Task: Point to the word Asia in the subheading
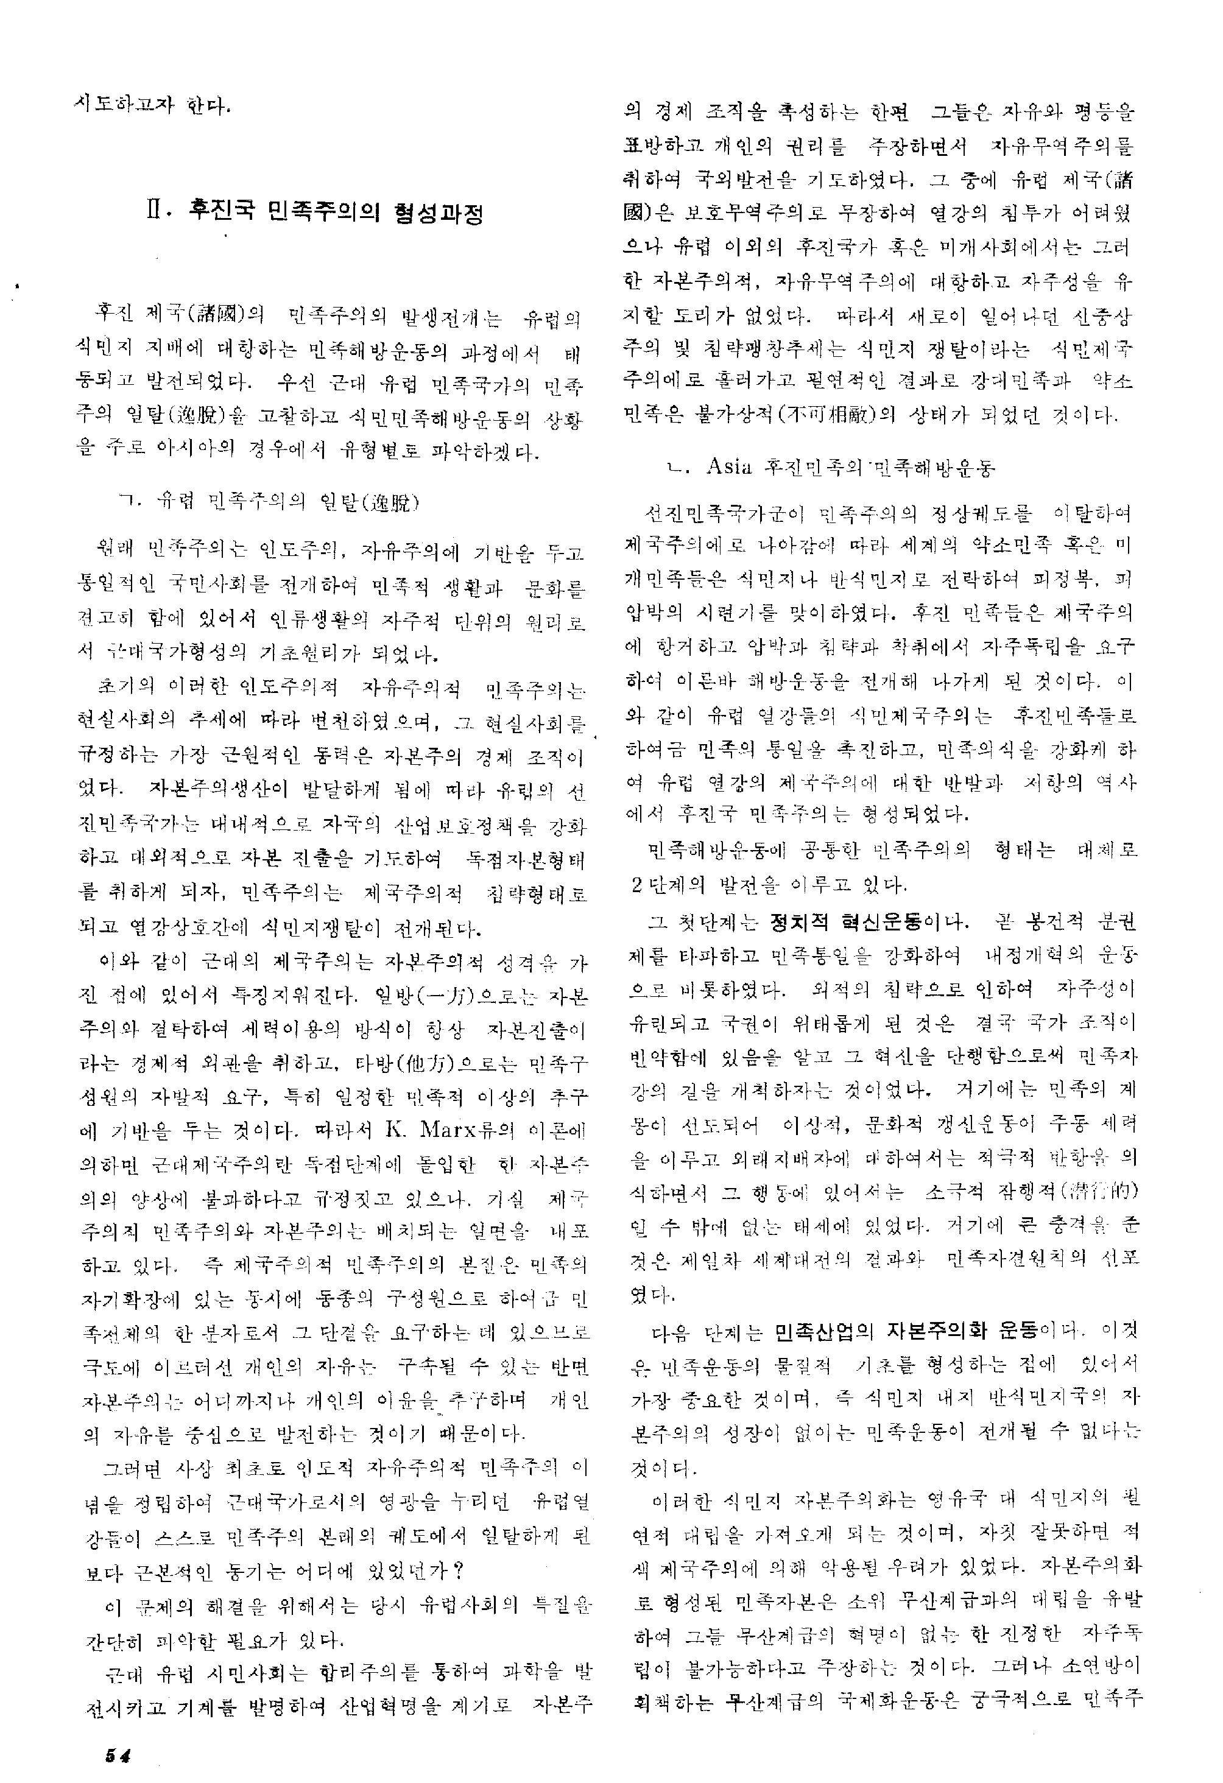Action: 728,466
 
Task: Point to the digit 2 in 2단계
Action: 636,885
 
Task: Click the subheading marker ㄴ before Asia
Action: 675,467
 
